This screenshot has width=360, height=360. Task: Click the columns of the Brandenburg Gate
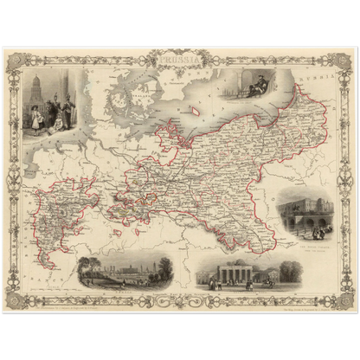click(231, 275)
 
